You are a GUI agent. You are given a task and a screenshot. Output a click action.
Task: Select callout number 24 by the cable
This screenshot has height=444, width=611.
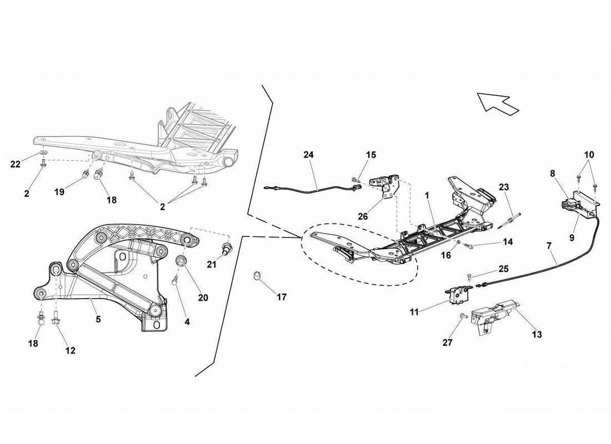[309, 155]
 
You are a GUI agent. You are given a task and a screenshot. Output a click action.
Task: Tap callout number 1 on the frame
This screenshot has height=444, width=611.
[427, 196]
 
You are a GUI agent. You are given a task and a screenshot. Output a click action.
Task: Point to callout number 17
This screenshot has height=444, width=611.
[282, 297]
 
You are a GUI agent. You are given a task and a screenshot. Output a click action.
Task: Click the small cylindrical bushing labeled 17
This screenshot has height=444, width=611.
[258, 275]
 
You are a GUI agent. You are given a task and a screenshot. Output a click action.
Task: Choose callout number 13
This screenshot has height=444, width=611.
[537, 334]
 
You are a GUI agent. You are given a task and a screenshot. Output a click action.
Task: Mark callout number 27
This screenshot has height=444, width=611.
[448, 342]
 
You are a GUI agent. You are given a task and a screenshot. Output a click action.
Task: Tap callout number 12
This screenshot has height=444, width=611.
[70, 350]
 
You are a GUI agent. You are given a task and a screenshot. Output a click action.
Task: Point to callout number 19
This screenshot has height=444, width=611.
[59, 191]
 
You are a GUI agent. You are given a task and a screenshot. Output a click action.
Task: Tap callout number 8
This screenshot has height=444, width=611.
[553, 174]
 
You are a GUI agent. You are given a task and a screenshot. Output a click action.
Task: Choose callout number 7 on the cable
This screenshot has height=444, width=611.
[549, 245]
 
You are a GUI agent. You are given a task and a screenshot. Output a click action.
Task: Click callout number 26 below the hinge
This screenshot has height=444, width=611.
[363, 216]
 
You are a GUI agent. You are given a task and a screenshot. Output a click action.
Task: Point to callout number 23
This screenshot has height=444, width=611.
[503, 187]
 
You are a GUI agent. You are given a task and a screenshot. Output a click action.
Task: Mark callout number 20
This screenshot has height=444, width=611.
[203, 297]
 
